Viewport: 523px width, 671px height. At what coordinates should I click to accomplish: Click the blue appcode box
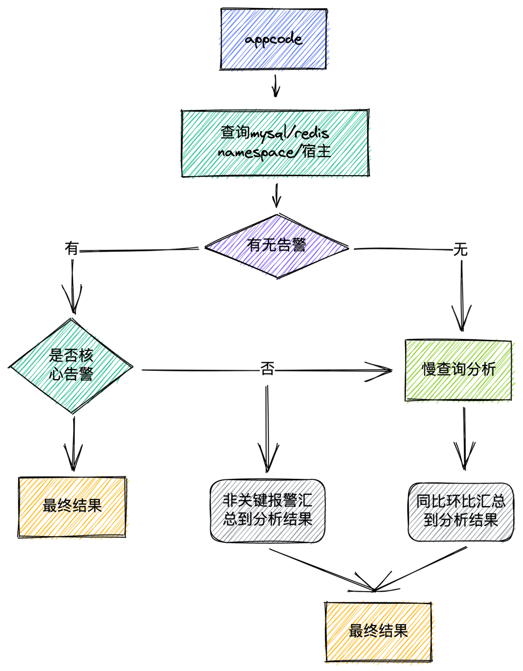pyautogui.click(x=274, y=39)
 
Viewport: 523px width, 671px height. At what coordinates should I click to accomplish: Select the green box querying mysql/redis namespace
pyautogui.click(x=275, y=143)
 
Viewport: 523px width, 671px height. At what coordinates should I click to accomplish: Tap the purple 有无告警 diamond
pyautogui.click(x=277, y=246)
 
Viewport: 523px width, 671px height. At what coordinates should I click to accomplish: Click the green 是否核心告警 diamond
pyautogui.click(x=71, y=366)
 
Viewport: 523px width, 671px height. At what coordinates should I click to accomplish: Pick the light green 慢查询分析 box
pyautogui.click(x=458, y=370)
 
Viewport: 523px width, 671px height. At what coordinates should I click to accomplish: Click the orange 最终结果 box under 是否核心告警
pyautogui.click(x=72, y=506)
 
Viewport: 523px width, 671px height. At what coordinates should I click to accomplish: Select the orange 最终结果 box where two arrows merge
pyautogui.click(x=378, y=631)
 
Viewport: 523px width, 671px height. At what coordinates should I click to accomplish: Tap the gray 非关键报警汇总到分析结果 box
pyautogui.click(x=267, y=511)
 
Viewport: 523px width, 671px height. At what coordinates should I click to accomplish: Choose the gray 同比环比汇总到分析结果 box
pyautogui.click(x=461, y=512)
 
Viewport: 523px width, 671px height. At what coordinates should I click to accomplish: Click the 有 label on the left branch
pyautogui.click(x=72, y=249)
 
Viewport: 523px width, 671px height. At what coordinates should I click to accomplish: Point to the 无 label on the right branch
pyautogui.click(x=460, y=250)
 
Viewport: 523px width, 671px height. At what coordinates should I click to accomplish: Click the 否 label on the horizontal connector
pyautogui.click(x=267, y=369)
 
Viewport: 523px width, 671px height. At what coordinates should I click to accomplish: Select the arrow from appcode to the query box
pyautogui.click(x=276, y=86)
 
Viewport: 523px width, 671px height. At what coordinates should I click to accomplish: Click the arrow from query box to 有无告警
pyautogui.click(x=277, y=196)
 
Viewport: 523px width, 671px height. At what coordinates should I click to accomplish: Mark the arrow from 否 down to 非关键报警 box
pyautogui.click(x=267, y=431)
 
